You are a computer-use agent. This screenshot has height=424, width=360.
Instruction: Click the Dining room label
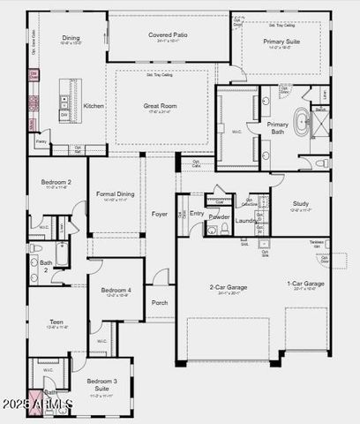tap(71, 38)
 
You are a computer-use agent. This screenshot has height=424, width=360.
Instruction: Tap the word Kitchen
tap(94, 105)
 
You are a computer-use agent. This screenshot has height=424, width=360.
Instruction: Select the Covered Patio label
tap(166, 34)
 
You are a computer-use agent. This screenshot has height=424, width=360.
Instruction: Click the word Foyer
tap(159, 214)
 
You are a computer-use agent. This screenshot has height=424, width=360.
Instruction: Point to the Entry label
tap(196, 213)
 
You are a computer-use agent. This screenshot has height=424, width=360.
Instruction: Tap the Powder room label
tap(219, 216)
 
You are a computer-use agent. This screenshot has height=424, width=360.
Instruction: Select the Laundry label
tap(246, 220)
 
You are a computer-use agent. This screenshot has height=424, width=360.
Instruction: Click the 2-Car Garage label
tap(229, 286)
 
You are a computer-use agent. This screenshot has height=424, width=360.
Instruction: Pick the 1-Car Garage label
tap(305, 284)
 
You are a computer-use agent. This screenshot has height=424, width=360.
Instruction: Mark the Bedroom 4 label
tap(116, 290)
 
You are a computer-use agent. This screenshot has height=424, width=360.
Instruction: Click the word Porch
tap(160, 302)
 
